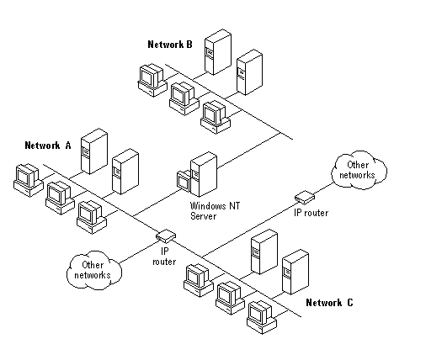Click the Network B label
point(170,45)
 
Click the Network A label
point(48,146)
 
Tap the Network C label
point(329,303)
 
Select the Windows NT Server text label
point(215,211)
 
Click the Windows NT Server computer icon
point(197,175)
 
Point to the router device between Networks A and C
point(166,236)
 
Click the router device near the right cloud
point(305,197)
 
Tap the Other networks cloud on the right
point(359,170)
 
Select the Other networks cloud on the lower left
point(94,270)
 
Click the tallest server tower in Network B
point(218,52)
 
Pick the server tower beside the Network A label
point(94,151)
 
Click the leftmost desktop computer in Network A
point(28,180)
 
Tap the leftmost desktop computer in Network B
point(152,81)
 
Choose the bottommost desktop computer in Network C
point(262,317)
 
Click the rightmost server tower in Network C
point(296,272)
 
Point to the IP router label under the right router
point(312,213)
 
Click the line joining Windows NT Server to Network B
point(249,151)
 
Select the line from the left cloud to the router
point(138,251)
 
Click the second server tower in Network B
point(249,72)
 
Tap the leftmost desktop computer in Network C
point(199,280)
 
